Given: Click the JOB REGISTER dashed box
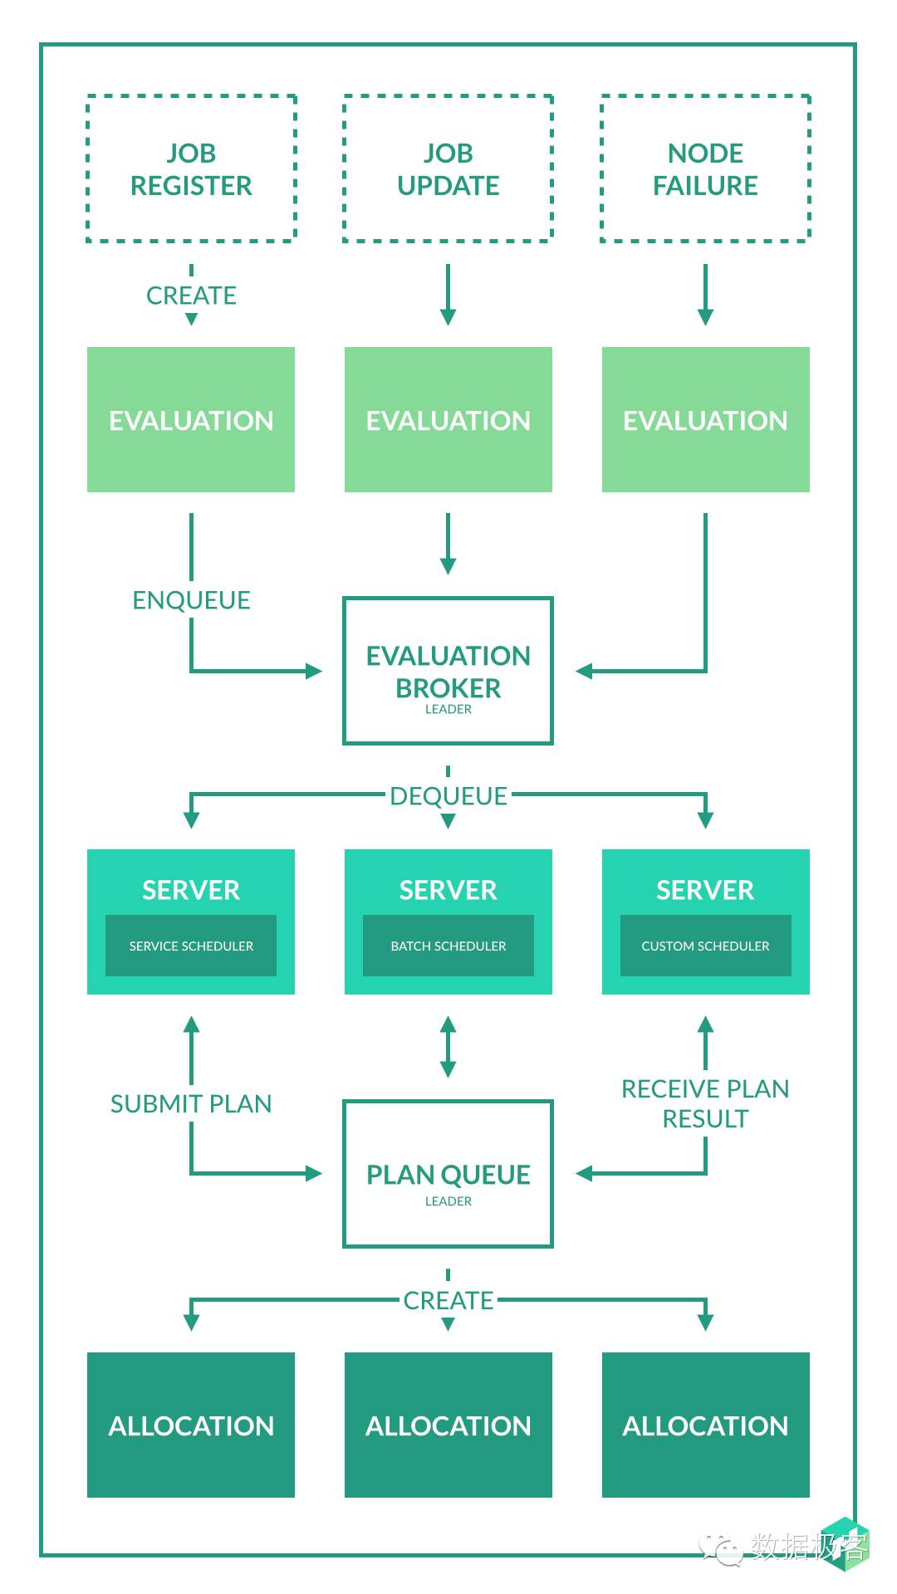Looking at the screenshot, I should (191, 169).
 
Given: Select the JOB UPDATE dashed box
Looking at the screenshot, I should (448, 169).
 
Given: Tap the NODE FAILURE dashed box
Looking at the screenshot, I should (705, 169).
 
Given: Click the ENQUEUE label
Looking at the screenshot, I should (191, 600).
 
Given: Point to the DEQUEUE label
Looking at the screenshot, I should (448, 796).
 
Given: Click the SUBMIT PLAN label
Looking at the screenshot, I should (191, 1103).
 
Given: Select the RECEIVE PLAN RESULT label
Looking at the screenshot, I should (705, 1103).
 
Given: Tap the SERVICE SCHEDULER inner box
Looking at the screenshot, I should (191, 946).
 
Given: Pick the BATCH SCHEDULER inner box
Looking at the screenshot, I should (448, 946).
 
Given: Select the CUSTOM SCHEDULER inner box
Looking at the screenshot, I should (705, 946).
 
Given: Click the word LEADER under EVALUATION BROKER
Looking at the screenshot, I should (448, 709).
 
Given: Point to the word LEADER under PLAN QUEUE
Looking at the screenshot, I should (448, 1201).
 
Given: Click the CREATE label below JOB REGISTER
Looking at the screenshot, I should (191, 296).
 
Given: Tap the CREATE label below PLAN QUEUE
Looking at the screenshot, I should (448, 1300).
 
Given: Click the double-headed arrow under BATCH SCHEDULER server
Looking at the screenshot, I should (448, 1047).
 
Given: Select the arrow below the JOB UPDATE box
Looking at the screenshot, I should (448, 295).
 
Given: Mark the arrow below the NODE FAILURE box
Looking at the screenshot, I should (705, 295).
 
